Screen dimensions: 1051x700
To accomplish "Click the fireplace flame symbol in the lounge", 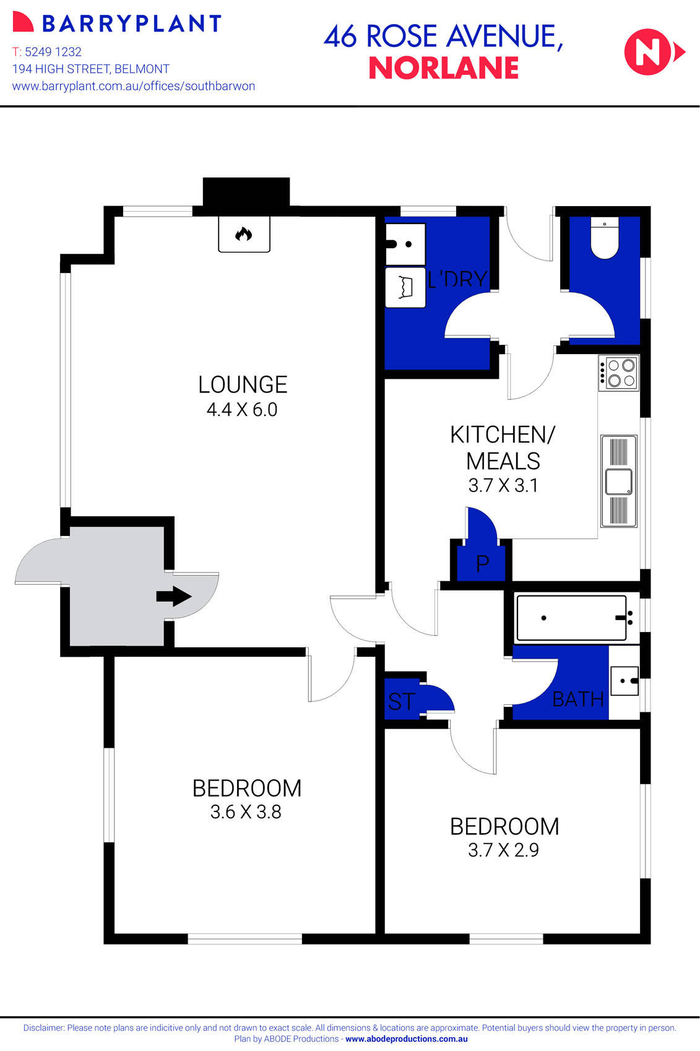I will pyautogui.click(x=244, y=234).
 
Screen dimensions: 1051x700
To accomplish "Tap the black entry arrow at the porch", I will pyautogui.click(x=173, y=597).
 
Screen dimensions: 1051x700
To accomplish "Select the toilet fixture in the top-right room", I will pyautogui.click(x=605, y=238).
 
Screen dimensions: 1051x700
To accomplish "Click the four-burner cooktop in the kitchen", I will pyautogui.click(x=618, y=373).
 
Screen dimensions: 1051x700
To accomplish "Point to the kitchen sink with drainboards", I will pyautogui.click(x=618, y=482).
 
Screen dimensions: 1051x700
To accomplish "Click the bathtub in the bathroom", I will pyautogui.click(x=571, y=618).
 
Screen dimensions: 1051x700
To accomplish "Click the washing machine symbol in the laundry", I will pyautogui.click(x=405, y=287).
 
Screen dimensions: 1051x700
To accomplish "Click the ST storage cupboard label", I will pyautogui.click(x=401, y=702).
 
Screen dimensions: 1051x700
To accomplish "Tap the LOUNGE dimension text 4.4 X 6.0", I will pyautogui.click(x=242, y=410).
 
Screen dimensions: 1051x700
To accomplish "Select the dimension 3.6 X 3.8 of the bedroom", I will pyautogui.click(x=246, y=812).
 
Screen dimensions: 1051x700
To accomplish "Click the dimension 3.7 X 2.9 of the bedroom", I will pyautogui.click(x=503, y=850).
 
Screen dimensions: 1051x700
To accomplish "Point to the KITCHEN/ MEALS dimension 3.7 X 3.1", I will pyautogui.click(x=503, y=486).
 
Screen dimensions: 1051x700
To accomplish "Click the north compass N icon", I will pyautogui.click(x=650, y=52).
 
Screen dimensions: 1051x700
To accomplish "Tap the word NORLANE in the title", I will pyautogui.click(x=444, y=68).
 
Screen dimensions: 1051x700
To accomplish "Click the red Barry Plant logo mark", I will pyautogui.click(x=22, y=22).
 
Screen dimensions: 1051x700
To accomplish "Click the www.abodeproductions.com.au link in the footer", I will pyautogui.click(x=406, y=1039).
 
